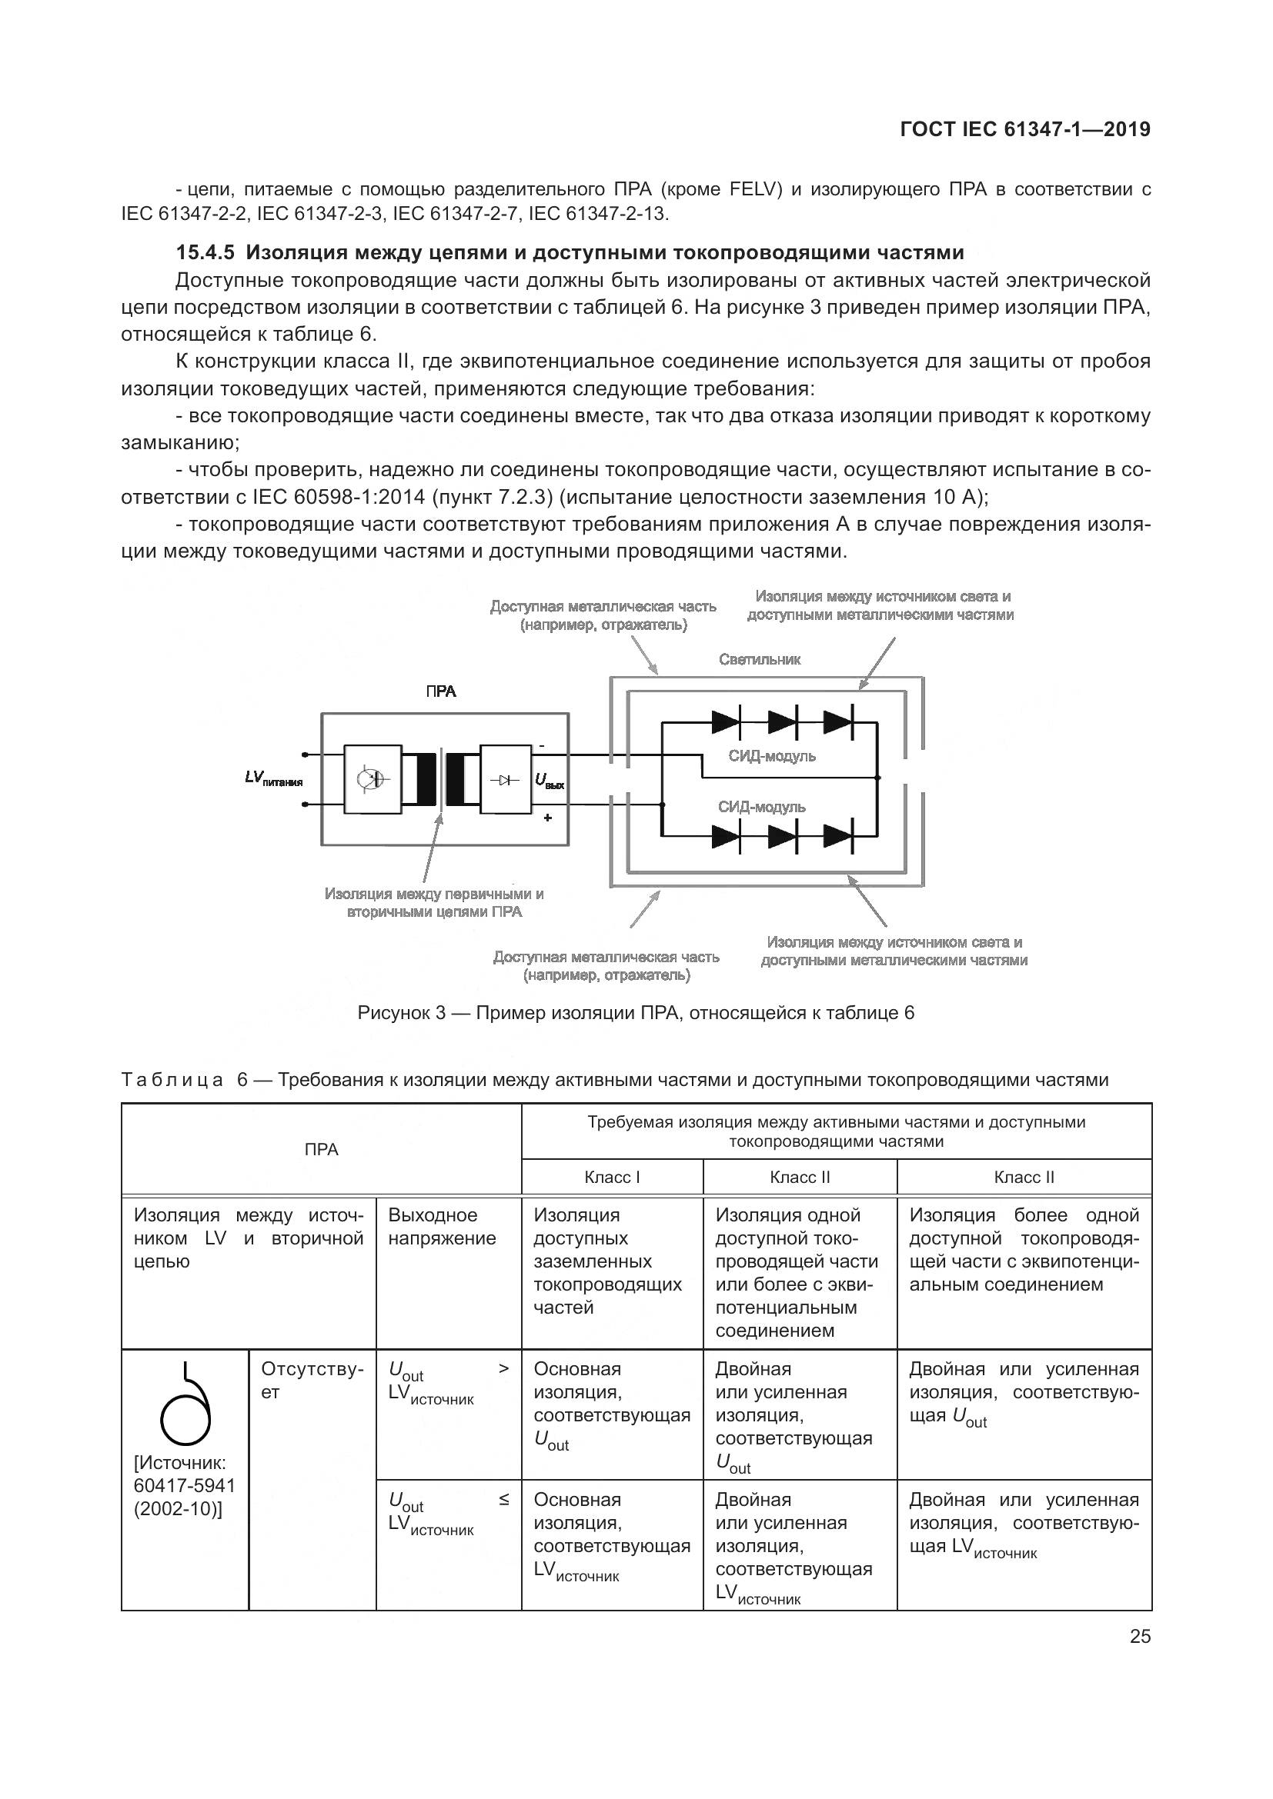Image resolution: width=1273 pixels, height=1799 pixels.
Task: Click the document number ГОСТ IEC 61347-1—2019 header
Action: [1025, 129]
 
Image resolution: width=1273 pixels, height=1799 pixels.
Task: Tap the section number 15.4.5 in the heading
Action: [205, 252]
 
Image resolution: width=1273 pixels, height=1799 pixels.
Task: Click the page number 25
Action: [1141, 1636]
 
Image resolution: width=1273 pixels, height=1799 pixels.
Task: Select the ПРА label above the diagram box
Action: [440, 692]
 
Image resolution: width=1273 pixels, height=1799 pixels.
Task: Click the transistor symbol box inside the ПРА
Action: [373, 779]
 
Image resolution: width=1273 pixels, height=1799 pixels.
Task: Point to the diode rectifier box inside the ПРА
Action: [506, 780]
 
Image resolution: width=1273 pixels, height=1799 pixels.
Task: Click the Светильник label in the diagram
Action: [760, 660]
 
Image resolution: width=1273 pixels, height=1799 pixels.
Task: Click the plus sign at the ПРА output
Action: [547, 818]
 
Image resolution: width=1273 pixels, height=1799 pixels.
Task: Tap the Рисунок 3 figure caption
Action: [636, 1013]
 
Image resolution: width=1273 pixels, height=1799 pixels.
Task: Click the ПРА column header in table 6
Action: [322, 1149]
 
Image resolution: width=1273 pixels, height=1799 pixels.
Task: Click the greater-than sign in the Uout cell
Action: [503, 1369]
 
